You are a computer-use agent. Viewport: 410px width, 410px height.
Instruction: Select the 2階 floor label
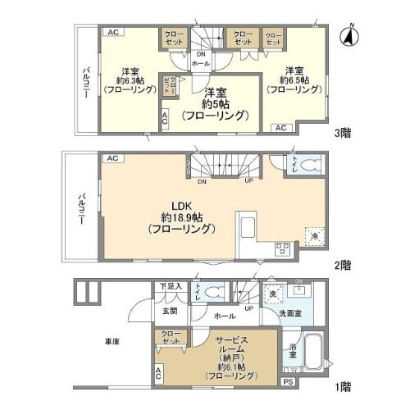344,265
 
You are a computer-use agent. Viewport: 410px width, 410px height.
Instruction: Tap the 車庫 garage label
112,341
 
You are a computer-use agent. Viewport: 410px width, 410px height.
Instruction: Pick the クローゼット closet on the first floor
171,338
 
